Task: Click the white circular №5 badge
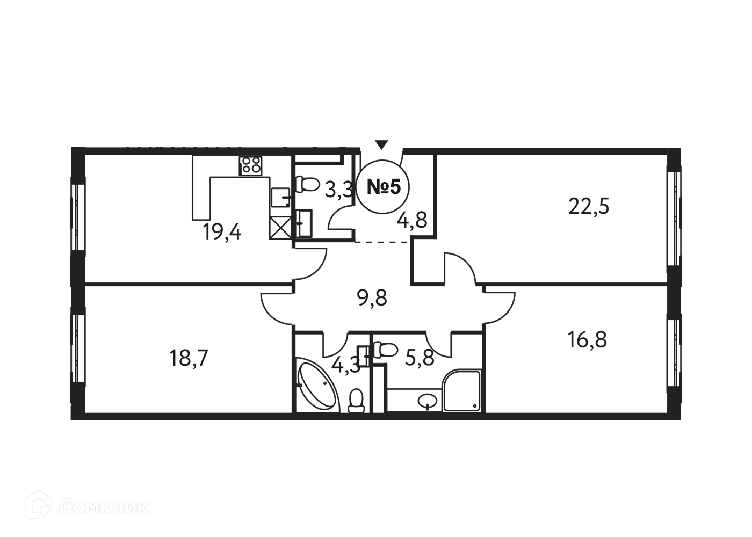[383, 187]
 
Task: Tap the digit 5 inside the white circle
[395, 187]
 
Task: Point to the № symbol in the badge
[377, 187]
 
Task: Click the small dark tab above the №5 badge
[380, 143]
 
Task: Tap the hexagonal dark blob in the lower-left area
[189, 353]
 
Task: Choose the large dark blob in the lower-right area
[583, 344]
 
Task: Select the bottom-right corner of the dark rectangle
[681, 418]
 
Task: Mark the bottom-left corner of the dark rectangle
[71, 418]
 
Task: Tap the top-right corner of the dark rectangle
[681, 149]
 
